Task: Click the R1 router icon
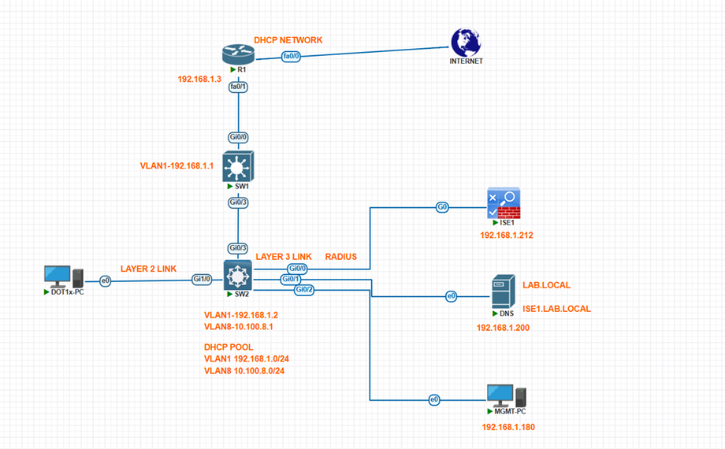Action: (238, 54)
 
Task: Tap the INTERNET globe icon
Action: (467, 43)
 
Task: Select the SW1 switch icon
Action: (237, 167)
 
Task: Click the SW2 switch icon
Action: (237, 275)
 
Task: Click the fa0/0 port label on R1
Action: (291, 56)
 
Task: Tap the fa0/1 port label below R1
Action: (238, 86)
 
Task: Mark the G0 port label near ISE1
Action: (442, 208)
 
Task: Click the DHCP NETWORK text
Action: (288, 40)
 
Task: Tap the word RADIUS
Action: (340, 257)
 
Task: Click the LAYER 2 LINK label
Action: (149, 269)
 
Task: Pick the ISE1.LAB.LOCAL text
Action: (556, 309)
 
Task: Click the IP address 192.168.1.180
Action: (508, 427)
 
